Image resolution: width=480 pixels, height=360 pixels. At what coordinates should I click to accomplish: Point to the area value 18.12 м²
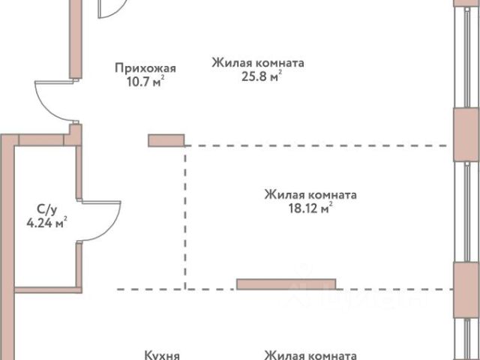(x=310, y=208)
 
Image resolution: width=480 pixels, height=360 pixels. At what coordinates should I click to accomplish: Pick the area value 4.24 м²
(x=46, y=221)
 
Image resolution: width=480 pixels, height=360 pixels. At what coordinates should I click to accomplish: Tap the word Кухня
(x=161, y=355)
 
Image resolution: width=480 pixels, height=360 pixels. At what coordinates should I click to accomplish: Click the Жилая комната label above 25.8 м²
(x=257, y=64)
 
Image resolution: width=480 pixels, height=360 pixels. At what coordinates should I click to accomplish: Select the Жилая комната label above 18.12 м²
(x=310, y=195)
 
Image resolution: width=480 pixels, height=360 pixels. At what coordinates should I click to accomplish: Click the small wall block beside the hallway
(x=166, y=139)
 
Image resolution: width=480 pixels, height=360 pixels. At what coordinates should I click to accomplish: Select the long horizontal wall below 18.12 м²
(x=286, y=283)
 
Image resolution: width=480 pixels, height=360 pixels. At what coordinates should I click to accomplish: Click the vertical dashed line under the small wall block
(x=185, y=217)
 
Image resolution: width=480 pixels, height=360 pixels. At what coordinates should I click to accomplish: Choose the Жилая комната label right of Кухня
(x=309, y=355)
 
